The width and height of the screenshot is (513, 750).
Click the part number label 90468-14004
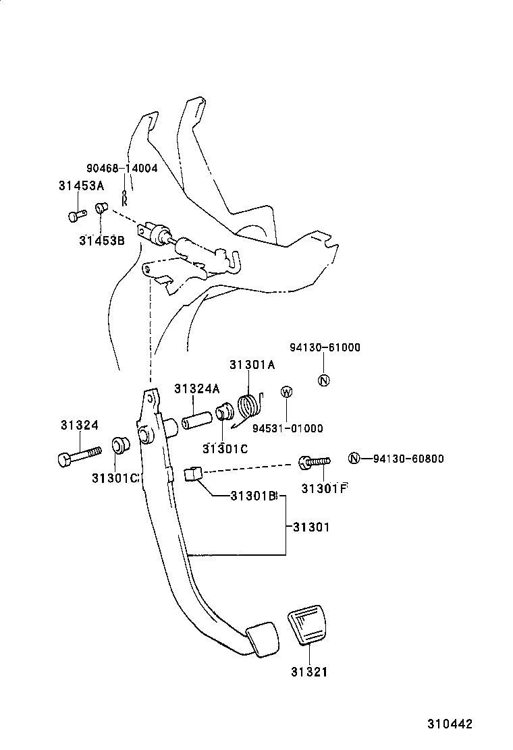(x=121, y=168)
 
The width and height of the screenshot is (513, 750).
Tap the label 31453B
(x=101, y=239)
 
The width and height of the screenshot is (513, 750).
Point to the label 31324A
(x=196, y=388)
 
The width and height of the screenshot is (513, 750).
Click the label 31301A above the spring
(x=252, y=365)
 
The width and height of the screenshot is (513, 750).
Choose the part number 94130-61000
(x=325, y=348)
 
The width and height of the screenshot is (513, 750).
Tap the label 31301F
(x=324, y=488)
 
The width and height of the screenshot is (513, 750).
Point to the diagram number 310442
(x=448, y=724)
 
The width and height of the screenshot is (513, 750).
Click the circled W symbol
(x=286, y=392)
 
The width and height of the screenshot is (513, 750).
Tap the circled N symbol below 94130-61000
(x=323, y=380)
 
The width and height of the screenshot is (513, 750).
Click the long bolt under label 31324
(x=78, y=456)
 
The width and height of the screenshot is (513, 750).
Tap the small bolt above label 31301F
(x=315, y=463)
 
